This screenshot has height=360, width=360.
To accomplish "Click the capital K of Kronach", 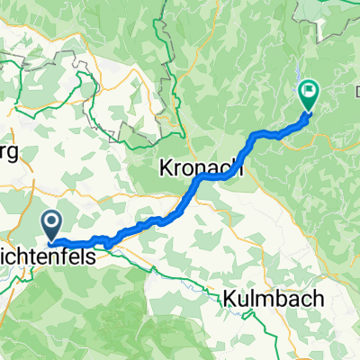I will (165, 166).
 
